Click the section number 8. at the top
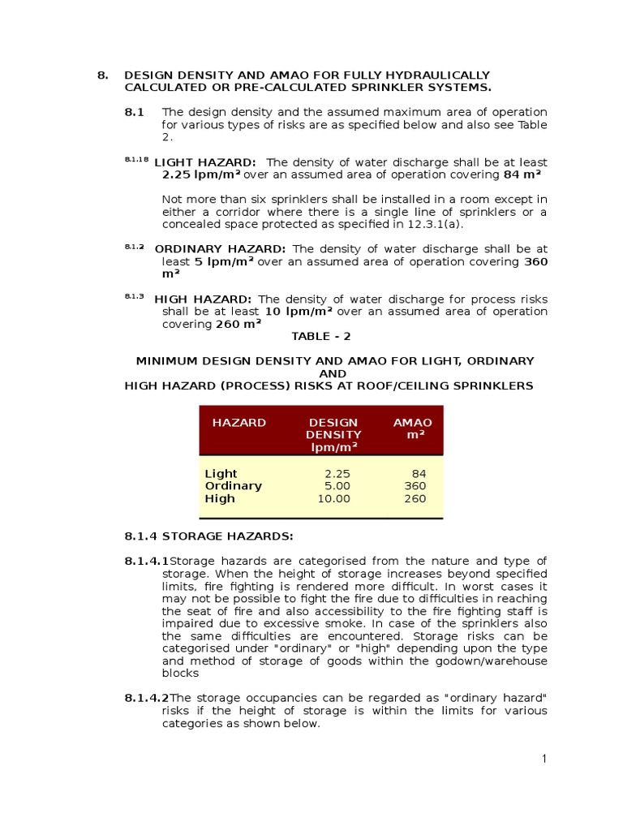(x=102, y=75)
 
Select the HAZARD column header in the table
(x=238, y=423)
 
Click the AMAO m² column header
(x=413, y=429)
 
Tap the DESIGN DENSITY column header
(x=333, y=435)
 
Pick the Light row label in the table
(x=221, y=474)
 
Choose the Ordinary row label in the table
(x=234, y=486)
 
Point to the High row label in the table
(x=220, y=499)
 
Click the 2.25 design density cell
(x=337, y=474)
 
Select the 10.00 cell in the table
(x=333, y=499)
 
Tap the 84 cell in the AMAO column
(x=419, y=474)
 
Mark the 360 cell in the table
(x=415, y=486)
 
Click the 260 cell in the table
(x=415, y=499)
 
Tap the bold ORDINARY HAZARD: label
(x=220, y=249)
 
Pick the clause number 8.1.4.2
(x=147, y=698)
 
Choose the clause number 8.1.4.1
(x=147, y=561)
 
